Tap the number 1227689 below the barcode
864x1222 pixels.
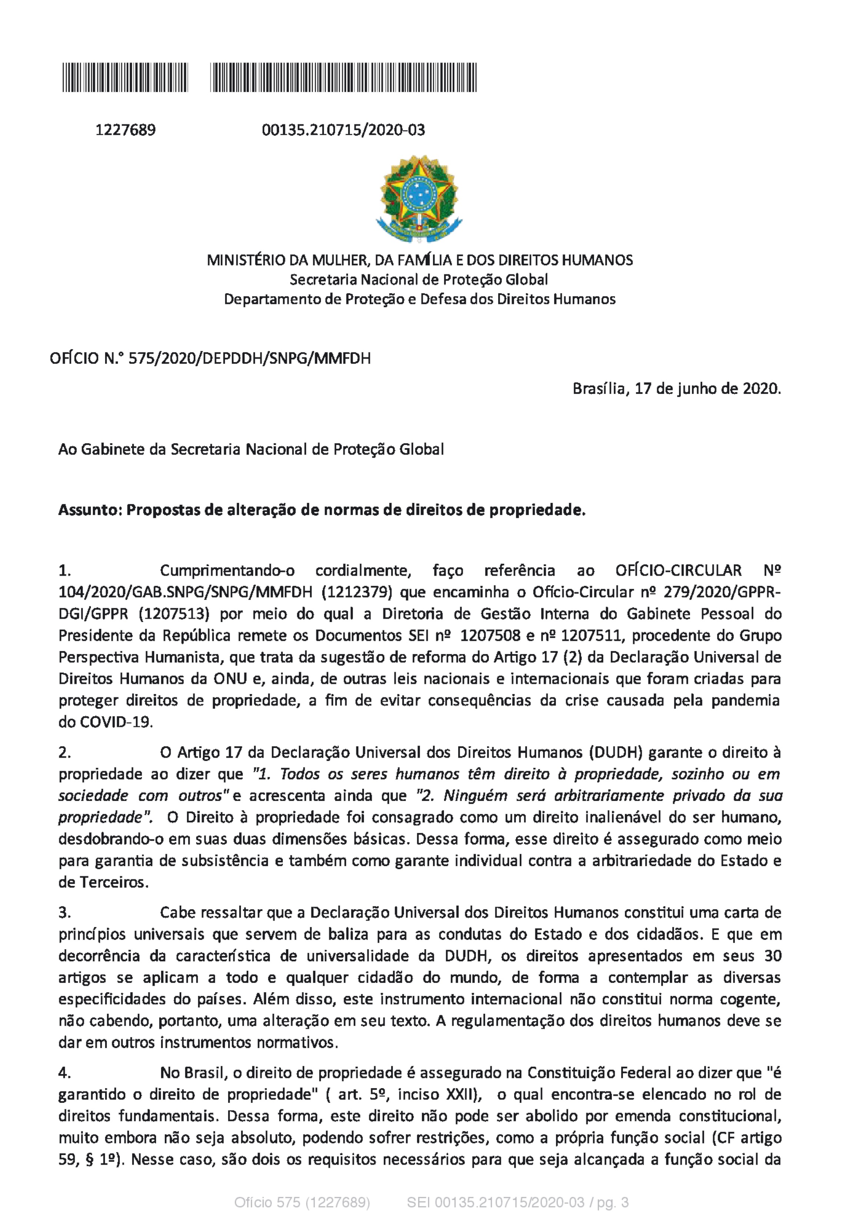click(x=126, y=130)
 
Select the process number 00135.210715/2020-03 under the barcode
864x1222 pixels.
click(x=343, y=130)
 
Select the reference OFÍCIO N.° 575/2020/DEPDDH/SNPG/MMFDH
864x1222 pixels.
click(x=210, y=358)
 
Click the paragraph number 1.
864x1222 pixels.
click(x=64, y=570)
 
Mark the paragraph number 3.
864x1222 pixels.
click(x=64, y=912)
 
